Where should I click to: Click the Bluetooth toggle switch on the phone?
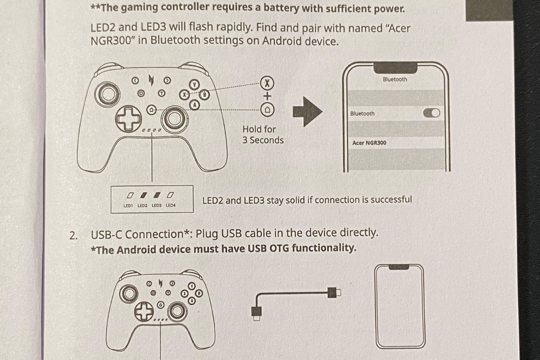coord(432,113)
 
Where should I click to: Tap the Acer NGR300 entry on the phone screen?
coord(369,143)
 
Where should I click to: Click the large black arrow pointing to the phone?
coord(307,112)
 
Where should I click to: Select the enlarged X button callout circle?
coord(267,83)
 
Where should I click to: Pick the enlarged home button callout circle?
coord(267,110)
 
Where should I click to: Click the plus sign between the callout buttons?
coord(267,96)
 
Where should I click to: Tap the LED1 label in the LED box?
coord(128,206)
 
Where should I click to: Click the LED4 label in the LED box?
coord(171,206)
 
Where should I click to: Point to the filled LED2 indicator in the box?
coord(144,195)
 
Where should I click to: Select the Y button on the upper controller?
coord(194,85)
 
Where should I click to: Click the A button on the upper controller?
coord(194,105)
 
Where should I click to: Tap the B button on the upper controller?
coord(204,94)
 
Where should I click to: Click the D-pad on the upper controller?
coord(128,119)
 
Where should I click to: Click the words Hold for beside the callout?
coord(259,129)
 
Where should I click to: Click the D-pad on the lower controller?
coord(144,311)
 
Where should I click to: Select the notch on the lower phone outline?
coord(399,267)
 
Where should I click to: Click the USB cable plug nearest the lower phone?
coord(334,292)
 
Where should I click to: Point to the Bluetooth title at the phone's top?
coord(395,79)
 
